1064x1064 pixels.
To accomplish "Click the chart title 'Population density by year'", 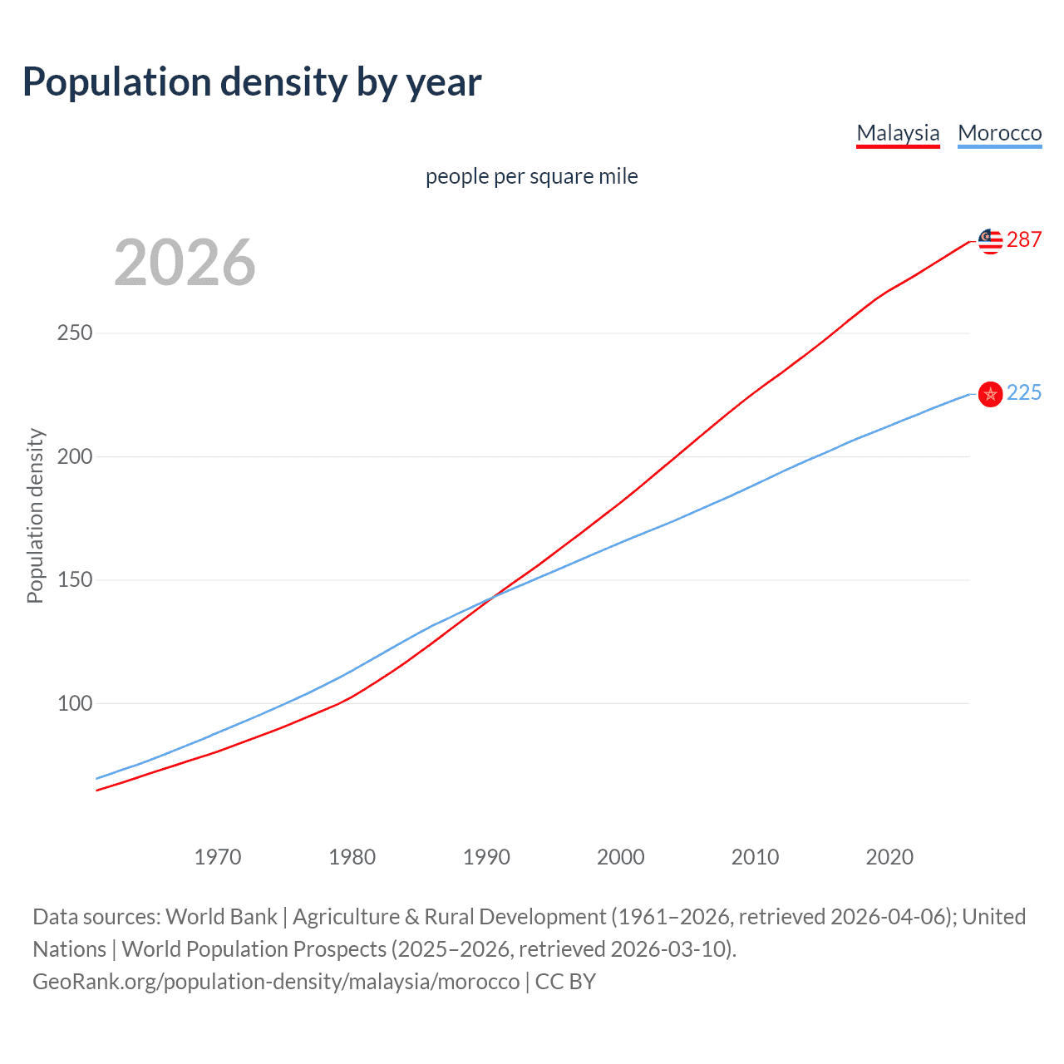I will click(x=252, y=82).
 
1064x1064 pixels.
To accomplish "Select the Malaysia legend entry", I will click(x=898, y=133).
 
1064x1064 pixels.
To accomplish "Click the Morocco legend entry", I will click(x=999, y=133).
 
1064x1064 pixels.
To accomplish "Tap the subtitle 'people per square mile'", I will click(x=531, y=176).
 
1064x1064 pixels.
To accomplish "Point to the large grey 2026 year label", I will click(x=185, y=263).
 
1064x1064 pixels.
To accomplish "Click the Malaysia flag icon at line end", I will click(x=990, y=241).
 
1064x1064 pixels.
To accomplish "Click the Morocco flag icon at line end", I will click(x=990, y=394).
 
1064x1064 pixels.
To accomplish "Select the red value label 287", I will click(x=1024, y=240).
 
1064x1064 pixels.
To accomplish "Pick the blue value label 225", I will click(x=1024, y=393).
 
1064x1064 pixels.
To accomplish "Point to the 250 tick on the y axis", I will click(x=75, y=333).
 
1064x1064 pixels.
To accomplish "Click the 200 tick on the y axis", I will click(x=75, y=456).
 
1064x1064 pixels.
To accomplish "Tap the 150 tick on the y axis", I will click(x=75, y=580).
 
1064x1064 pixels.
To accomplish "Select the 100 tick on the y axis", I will click(x=75, y=703).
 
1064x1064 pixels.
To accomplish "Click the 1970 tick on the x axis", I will click(x=218, y=857).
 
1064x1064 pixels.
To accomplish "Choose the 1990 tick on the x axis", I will click(x=486, y=857).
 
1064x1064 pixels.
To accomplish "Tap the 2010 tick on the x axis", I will click(x=755, y=857).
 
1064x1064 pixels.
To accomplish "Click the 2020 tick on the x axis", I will click(x=889, y=857).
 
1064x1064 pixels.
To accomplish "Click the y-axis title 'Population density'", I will click(x=35, y=515).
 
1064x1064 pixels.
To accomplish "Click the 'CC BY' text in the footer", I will click(x=565, y=982).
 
